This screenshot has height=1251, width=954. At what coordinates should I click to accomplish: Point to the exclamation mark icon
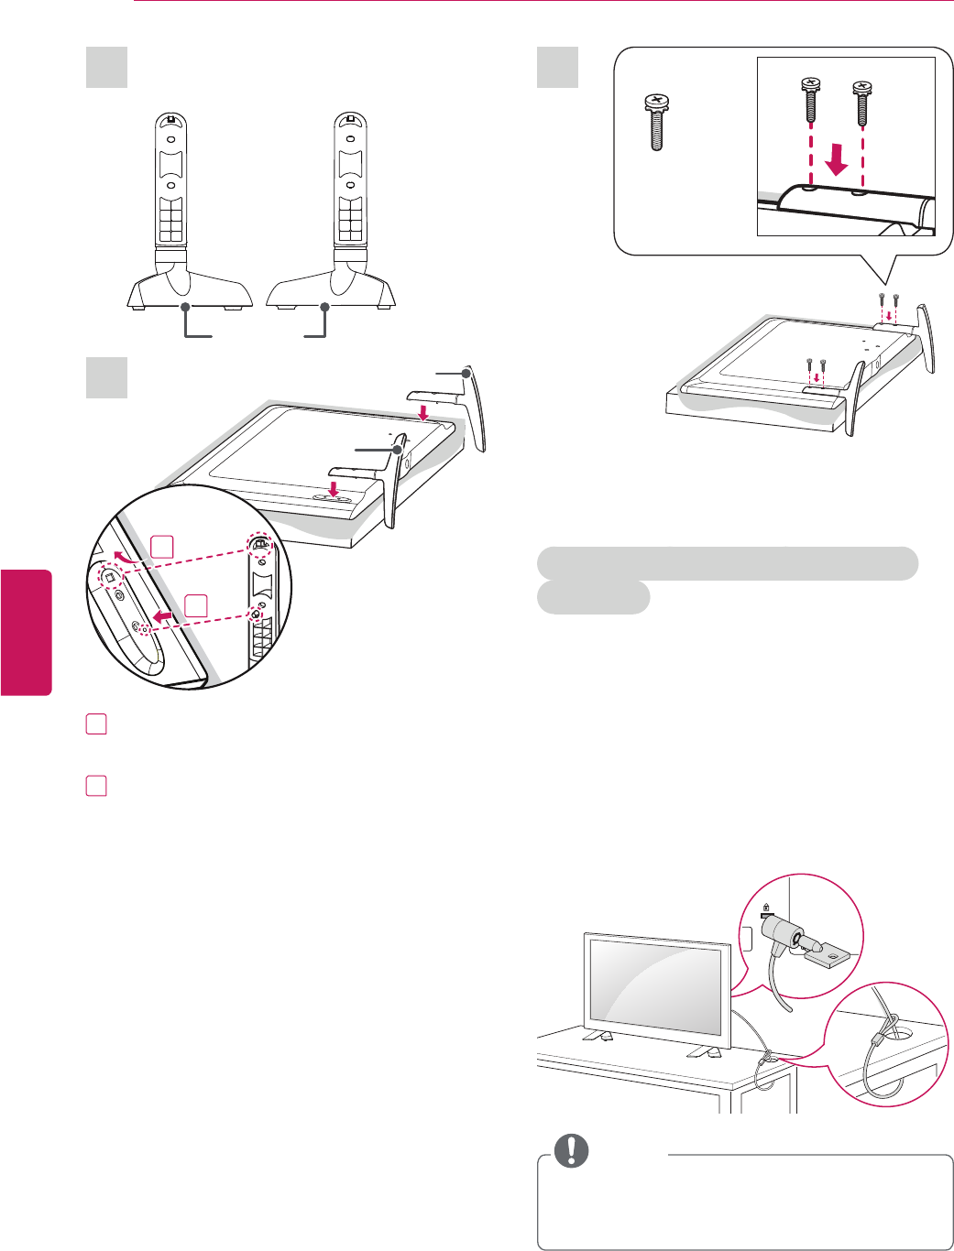pos(570,1151)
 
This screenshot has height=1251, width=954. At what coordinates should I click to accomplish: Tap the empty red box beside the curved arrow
pos(162,547)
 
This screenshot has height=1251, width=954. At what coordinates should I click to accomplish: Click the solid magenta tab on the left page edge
pos(26,631)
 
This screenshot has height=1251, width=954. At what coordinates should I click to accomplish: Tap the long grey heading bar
pos(727,563)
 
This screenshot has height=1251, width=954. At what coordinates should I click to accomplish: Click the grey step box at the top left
pos(107,68)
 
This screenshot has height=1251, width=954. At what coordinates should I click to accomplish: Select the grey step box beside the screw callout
pos(557,68)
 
